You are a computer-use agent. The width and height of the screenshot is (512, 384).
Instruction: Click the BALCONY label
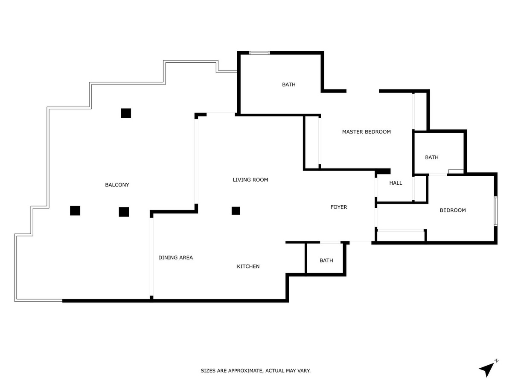(117, 185)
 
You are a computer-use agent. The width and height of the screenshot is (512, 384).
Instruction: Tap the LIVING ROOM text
(250, 180)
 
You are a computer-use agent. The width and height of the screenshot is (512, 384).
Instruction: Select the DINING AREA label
(175, 257)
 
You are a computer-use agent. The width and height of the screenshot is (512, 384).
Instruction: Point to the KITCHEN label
(248, 266)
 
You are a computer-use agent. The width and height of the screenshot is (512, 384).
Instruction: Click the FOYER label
(339, 207)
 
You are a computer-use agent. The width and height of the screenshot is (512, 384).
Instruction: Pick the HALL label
(396, 183)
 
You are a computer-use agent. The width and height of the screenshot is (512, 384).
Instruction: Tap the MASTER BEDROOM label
(366, 132)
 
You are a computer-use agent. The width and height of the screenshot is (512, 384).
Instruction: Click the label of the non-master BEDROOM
(453, 210)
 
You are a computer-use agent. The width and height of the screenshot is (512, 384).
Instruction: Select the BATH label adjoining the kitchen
(326, 260)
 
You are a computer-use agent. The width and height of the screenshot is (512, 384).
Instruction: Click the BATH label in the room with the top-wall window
(288, 84)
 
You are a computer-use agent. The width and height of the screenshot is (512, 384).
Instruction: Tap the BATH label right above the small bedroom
(431, 157)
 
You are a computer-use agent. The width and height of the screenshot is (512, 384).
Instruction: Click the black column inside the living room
(236, 210)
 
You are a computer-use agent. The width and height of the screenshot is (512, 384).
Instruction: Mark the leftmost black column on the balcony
(75, 210)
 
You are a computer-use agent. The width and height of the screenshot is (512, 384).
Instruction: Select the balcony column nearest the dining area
(124, 212)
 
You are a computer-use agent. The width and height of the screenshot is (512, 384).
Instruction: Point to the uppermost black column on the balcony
(126, 113)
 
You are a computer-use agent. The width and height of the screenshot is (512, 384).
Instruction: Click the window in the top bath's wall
(259, 53)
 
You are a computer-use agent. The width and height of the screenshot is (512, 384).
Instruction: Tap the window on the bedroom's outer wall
(495, 211)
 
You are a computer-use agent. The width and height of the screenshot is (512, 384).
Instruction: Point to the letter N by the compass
(496, 361)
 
